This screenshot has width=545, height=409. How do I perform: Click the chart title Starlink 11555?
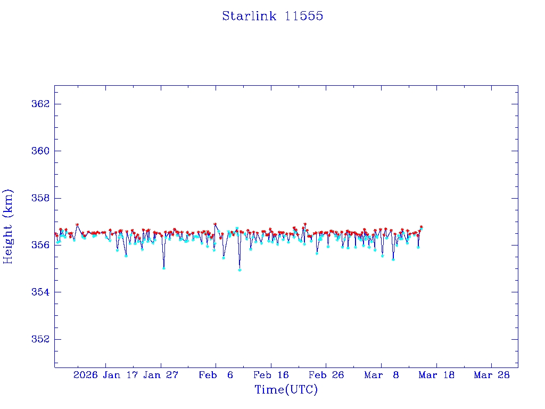pyautogui.click(x=272, y=17)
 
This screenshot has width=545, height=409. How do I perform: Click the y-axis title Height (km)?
pyautogui.click(x=9, y=226)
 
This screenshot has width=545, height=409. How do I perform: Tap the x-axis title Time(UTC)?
pyautogui.click(x=286, y=390)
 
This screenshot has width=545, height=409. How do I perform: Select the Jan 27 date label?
pyautogui.click(x=161, y=375)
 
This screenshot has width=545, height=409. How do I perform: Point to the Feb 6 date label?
pyautogui.click(x=216, y=375)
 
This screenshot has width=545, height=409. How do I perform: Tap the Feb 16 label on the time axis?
pyautogui.click(x=271, y=375)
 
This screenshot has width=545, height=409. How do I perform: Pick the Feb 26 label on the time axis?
pyautogui.click(x=326, y=375)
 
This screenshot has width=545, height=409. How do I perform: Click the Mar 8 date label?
pyautogui.click(x=382, y=375)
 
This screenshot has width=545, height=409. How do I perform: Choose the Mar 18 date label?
pyautogui.click(x=436, y=375)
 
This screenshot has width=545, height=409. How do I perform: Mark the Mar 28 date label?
pyautogui.click(x=492, y=375)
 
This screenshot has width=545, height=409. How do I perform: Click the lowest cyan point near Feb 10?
pyautogui.click(x=240, y=270)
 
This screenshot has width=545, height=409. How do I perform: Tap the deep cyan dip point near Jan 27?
pyautogui.click(x=163, y=268)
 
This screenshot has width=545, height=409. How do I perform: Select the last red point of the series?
pyautogui.click(x=421, y=227)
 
